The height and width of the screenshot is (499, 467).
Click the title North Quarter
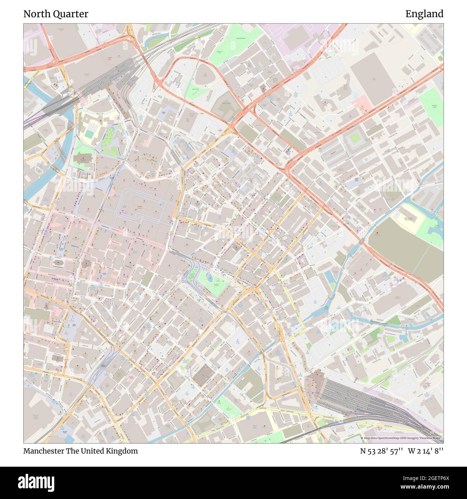(56, 14)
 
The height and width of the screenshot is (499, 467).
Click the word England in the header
(424, 14)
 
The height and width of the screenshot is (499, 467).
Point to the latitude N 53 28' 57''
(382, 451)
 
